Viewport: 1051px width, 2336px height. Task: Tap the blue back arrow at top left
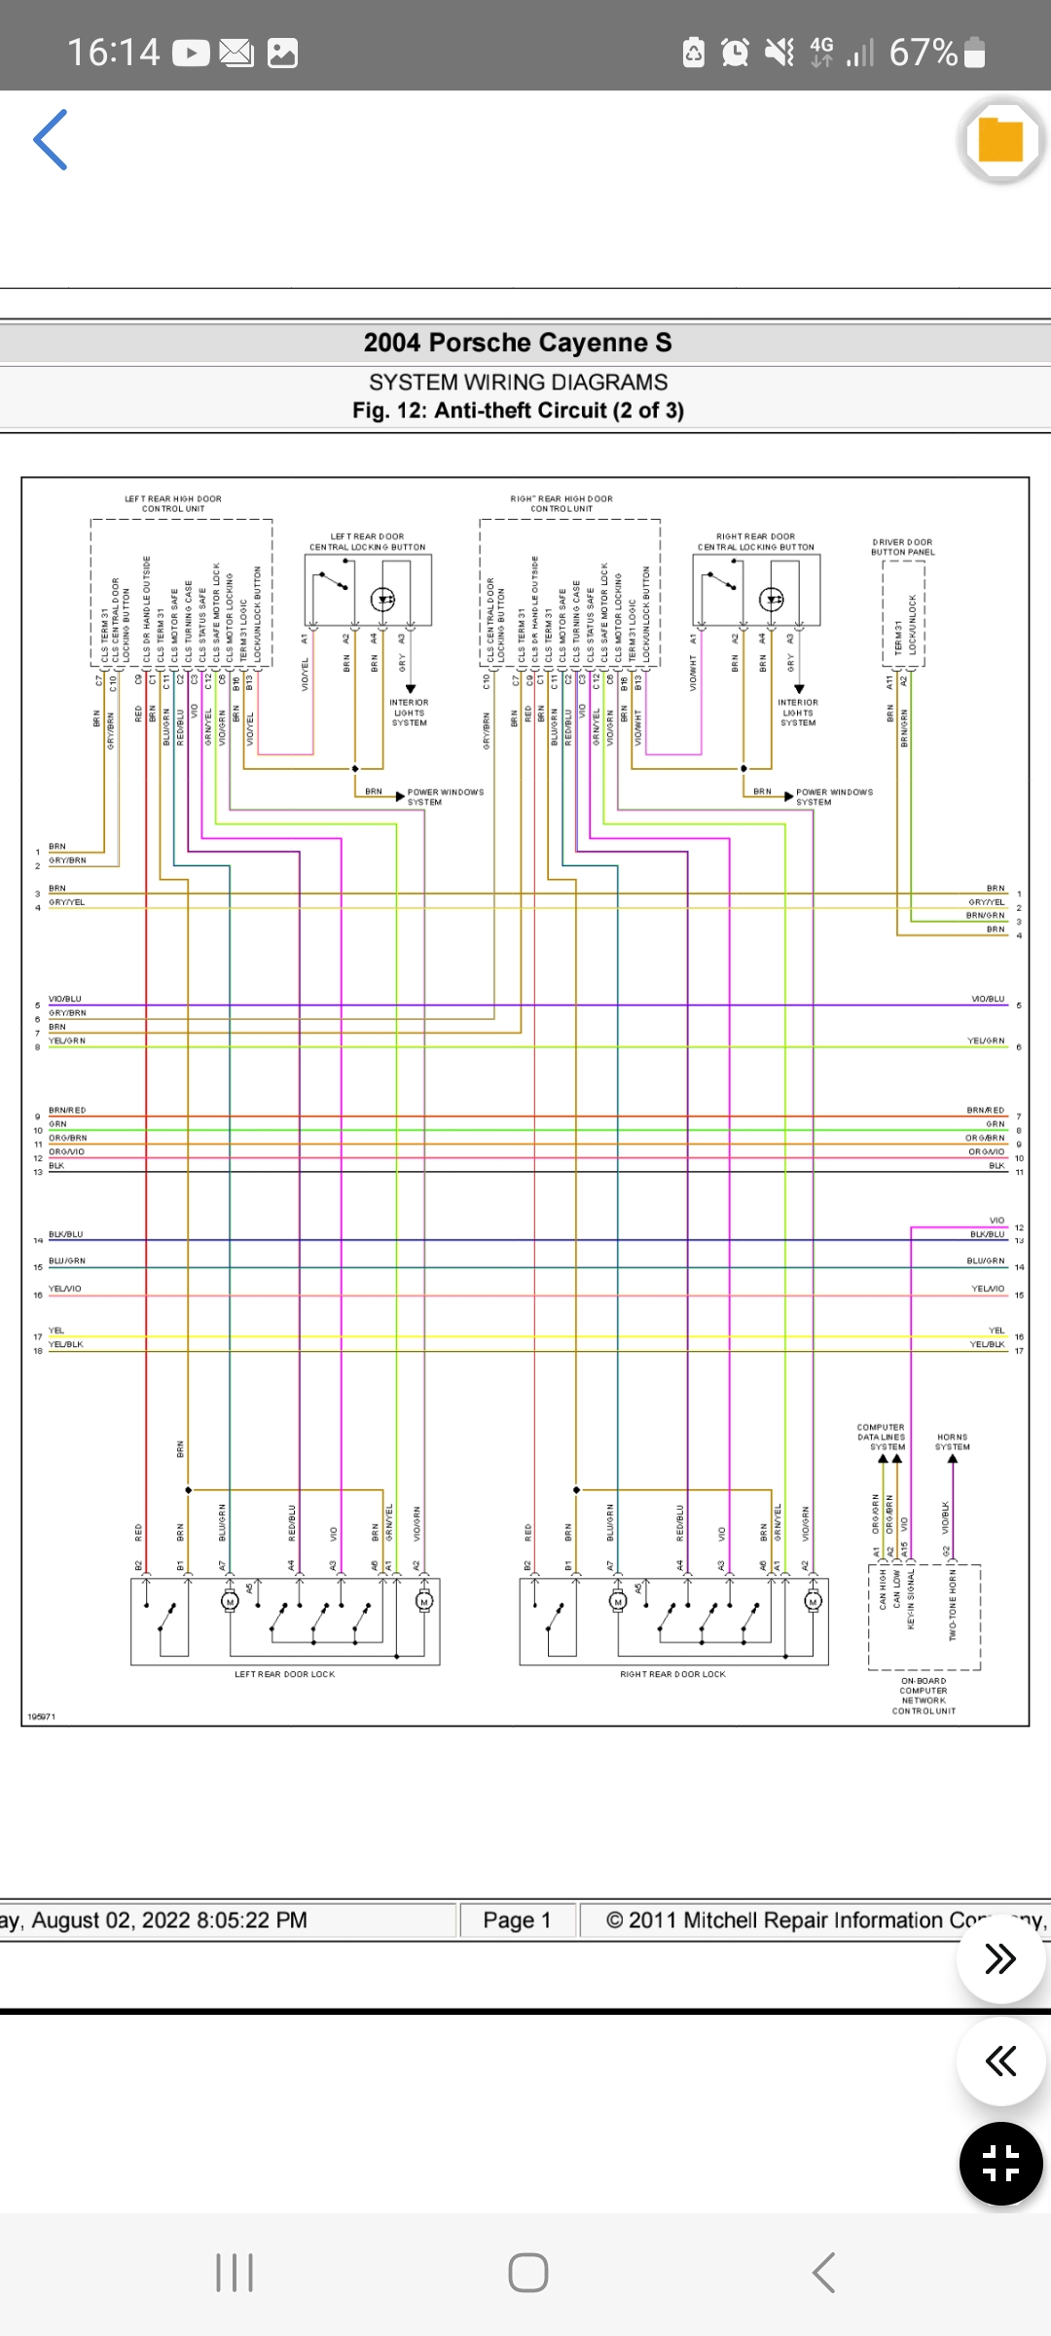point(51,140)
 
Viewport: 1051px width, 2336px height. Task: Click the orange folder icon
point(1000,140)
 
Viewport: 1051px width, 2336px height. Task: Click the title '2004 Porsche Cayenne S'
point(517,343)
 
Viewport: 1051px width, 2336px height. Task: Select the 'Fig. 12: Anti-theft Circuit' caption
point(518,411)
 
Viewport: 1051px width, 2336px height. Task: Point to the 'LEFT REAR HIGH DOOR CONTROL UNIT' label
point(173,503)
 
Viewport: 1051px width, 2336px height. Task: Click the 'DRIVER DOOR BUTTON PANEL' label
point(902,547)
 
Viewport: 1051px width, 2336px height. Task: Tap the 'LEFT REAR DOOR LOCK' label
point(284,1674)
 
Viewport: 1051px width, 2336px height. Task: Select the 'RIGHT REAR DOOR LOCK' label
point(672,1674)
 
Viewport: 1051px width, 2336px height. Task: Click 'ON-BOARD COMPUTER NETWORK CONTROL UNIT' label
point(924,1696)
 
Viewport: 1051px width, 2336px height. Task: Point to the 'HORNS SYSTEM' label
point(952,1442)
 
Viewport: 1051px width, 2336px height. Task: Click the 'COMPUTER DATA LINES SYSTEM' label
point(881,1437)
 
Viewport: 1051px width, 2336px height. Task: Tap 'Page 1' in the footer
point(517,1920)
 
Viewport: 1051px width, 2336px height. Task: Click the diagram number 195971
point(42,1716)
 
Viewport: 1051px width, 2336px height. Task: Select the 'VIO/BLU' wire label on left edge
point(65,999)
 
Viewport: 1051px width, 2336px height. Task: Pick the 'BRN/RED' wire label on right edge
point(985,1110)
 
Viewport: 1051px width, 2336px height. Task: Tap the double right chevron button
point(1000,1958)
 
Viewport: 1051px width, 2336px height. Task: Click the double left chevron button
point(1000,2061)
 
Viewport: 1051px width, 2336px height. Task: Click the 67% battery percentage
point(923,53)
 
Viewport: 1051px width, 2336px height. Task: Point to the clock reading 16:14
point(113,53)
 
